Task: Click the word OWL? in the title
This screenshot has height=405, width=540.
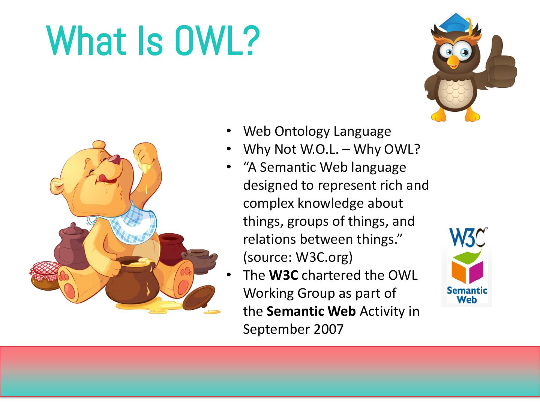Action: pyautogui.click(x=217, y=41)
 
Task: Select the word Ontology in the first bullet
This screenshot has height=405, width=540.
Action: pyautogui.click(x=302, y=131)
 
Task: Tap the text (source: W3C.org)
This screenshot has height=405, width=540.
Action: pyautogui.click(x=298, y=257)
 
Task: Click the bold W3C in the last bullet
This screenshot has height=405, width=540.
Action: pyautogui.click(x=283, y=275)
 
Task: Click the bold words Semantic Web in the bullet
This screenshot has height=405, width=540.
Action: pyautogui.click(x=311, y=311)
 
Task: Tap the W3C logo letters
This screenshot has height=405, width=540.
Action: pyautogui.click(x=467, y=237)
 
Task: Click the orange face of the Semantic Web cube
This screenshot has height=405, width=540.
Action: pyautogui.click(x=459, y=271)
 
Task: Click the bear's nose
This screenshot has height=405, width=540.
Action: pyautogui.click(x=115, y=159)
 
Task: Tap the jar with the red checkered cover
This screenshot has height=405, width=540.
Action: pyautogui.click(x=45, y=275)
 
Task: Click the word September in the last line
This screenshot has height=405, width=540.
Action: pyautogui.click(x=276, y=330)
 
